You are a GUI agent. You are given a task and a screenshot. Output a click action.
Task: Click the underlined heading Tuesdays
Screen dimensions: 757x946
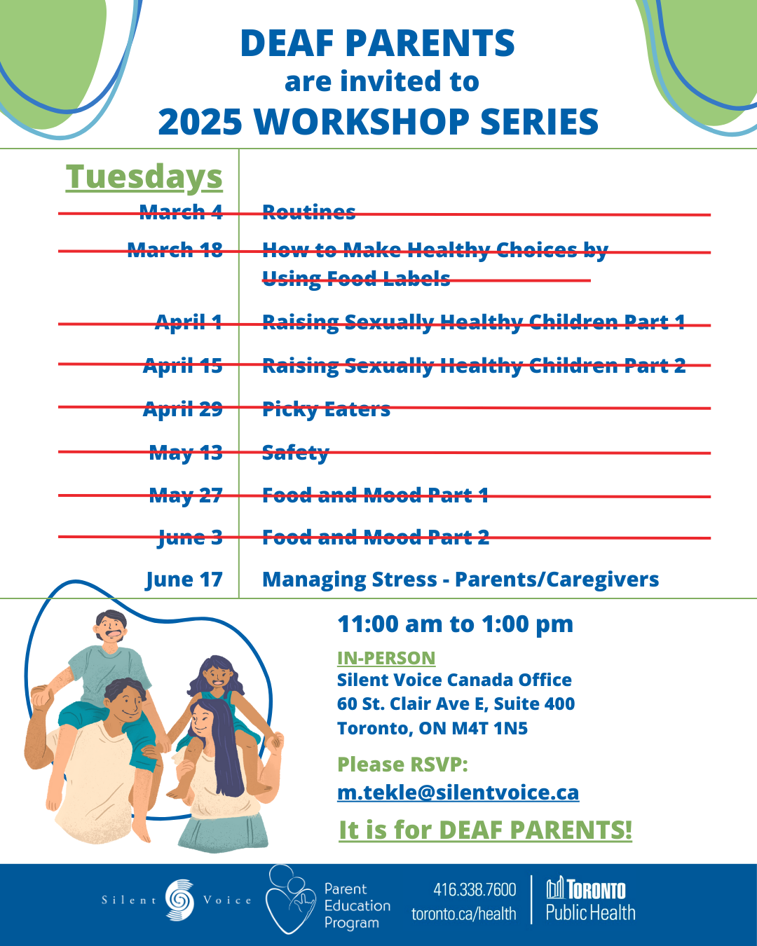coord(144,177)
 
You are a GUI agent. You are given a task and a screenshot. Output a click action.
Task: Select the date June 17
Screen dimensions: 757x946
coord(184,580)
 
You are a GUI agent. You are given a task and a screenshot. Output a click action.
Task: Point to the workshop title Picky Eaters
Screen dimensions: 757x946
coord(326,409)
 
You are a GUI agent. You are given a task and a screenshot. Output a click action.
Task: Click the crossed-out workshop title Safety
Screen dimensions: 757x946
coord(296,453)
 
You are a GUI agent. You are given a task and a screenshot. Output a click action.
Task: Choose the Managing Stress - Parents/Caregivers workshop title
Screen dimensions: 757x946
coord(461,580)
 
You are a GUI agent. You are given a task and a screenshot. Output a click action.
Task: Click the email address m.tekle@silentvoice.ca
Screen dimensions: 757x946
coord(458,793)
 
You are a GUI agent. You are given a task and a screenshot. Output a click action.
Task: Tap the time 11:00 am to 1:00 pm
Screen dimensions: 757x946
coord(456,624)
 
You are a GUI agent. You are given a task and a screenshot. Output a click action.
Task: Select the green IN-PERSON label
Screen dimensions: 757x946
coord(386,658)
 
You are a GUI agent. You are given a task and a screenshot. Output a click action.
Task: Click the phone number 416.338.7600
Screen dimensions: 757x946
coord(475,890)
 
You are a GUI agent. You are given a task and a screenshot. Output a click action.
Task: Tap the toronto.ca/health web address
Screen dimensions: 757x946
coord(463,914)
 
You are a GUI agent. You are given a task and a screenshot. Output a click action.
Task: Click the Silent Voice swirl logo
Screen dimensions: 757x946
coord(179,900)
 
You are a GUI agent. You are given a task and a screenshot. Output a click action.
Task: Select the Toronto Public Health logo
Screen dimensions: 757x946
coord(590,900)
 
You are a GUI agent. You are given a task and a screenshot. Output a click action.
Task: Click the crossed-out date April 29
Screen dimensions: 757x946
coord(182,409)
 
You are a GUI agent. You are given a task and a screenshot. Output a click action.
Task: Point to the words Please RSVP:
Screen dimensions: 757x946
coord(402,765)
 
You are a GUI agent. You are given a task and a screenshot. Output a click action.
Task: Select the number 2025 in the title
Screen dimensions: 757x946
coord(200,122)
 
